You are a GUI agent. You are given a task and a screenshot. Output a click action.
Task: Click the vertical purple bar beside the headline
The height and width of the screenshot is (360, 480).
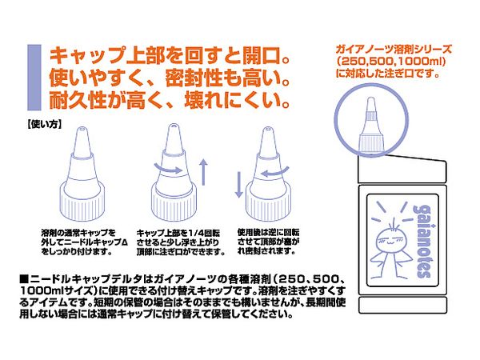click(34, 78)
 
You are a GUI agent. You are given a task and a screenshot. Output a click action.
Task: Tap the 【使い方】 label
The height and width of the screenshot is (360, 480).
click(44, 124)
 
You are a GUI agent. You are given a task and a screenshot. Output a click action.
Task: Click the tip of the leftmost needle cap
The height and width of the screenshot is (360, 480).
click(82, 129)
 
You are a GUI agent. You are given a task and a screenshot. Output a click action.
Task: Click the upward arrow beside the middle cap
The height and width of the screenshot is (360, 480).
click(203, 172)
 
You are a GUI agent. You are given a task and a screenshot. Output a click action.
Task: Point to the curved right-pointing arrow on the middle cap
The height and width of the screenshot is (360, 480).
click(168, 169)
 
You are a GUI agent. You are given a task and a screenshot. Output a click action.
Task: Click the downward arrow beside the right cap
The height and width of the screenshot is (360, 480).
click(238, 185)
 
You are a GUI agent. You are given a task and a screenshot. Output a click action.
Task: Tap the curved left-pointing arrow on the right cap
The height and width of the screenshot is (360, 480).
click(276, 172)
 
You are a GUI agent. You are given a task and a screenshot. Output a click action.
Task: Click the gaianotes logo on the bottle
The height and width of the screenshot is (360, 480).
click(423, 242)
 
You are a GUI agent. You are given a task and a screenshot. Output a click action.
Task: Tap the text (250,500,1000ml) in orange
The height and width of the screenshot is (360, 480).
click(391, 62)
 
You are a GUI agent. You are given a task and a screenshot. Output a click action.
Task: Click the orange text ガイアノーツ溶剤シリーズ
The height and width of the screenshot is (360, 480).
click(394, 49)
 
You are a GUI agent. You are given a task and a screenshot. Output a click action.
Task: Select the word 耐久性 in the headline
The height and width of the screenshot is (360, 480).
click(78, 100)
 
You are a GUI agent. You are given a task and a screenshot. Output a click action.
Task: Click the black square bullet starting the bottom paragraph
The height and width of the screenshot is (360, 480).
click(24, 279)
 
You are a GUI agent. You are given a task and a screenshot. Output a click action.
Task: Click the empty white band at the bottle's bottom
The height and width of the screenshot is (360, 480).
click(403, 305)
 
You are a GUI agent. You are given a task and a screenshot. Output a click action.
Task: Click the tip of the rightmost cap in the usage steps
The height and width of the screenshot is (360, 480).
click(268, 129)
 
